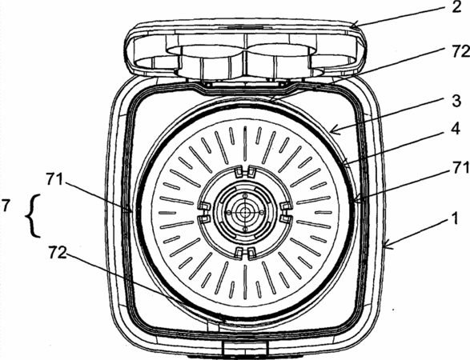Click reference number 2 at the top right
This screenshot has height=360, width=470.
coord(456,6)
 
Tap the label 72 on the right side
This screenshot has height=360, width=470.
coord(461,52)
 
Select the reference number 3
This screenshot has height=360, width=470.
coord(456,101)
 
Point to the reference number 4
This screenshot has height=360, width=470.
coord(456,129)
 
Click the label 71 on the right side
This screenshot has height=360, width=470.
coord(461,168)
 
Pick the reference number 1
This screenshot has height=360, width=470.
coord(455,218)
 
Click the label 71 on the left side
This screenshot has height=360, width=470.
coord(54,180)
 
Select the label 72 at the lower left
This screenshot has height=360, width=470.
coord(58,253)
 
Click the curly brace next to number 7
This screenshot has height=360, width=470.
coord(34,216)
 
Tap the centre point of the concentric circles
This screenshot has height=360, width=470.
coord(245,212)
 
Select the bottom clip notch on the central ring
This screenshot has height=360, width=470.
coord(245,253)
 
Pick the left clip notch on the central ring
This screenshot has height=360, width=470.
coord(204,212)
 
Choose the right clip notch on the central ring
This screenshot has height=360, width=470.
coord(286,212)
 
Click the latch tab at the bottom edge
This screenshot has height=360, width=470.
coord(245,348)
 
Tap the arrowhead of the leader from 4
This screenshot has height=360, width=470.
coord(346,163)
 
